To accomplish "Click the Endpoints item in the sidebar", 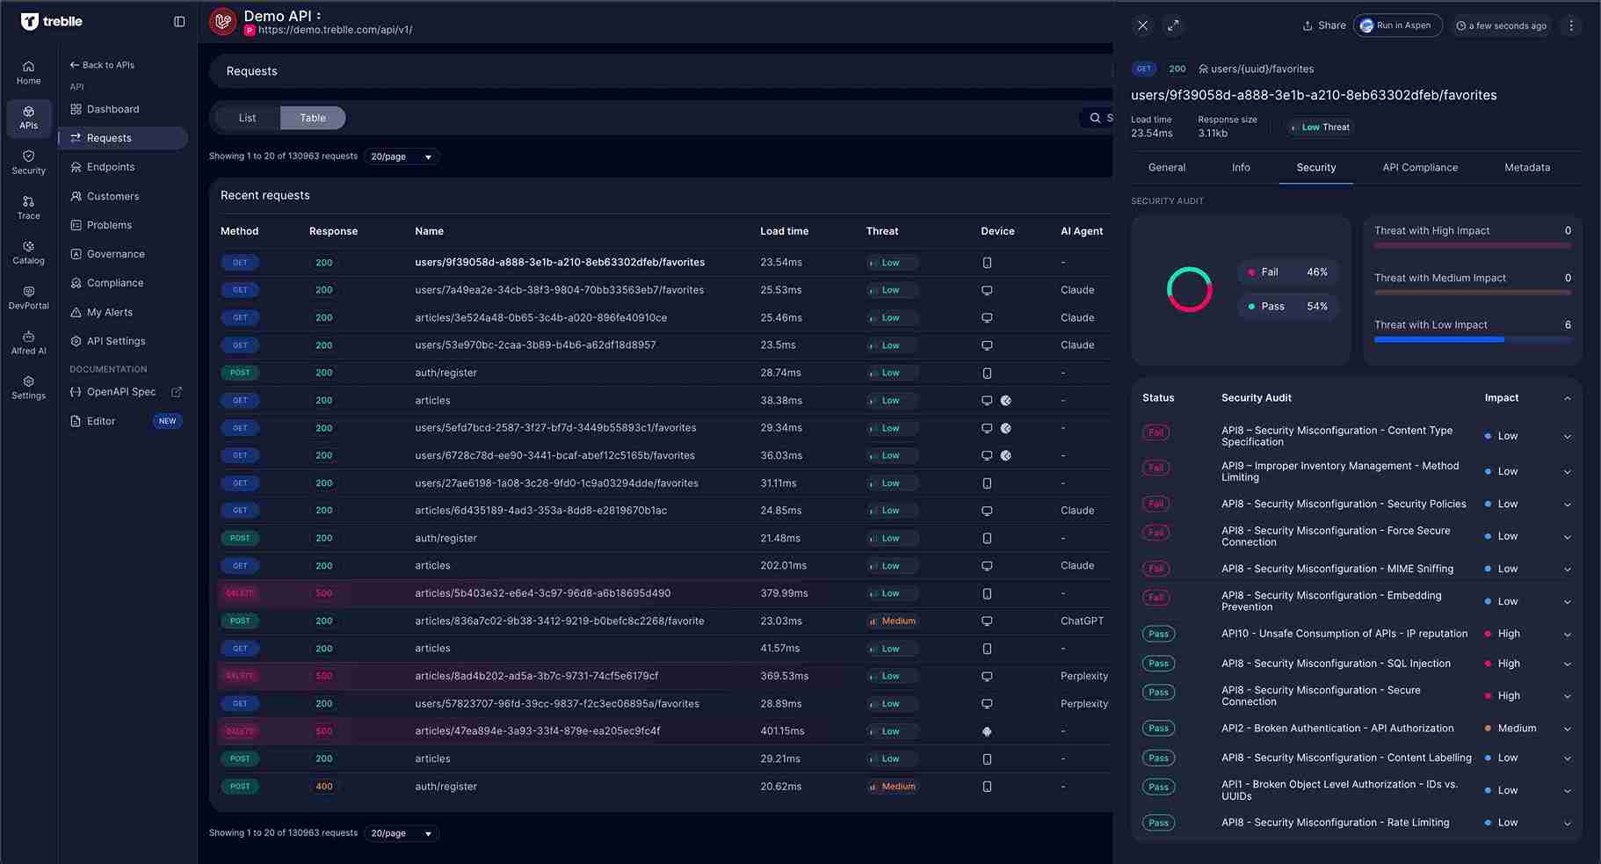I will tap(111, 167).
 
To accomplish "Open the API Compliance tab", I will tap(1419, 167).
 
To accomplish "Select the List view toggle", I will tap(247, 118).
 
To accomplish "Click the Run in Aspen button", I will tap(1397, 25).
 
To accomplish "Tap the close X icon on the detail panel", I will tap(1142, 25).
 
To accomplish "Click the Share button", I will tap(1324, 25).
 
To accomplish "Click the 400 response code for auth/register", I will tap(323, 787).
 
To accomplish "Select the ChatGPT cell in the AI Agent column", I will tap(1082, 621).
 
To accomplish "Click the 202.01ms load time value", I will tap(783, 565).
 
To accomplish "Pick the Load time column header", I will tap(784, 231).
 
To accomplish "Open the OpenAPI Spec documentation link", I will tap(121, 392).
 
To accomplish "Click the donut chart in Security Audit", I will tap(1189, 289).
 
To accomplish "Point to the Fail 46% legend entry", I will tap(1287, 272).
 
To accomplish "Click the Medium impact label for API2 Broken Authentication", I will tap(1516, 728).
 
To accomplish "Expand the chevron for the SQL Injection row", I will tap(1567, 664).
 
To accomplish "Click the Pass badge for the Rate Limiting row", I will tap(1158, 823).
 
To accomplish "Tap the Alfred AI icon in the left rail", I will tap(28, 342).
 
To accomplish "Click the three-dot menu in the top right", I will tap(1571, 25).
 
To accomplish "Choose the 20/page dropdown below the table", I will tap(401, 833).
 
